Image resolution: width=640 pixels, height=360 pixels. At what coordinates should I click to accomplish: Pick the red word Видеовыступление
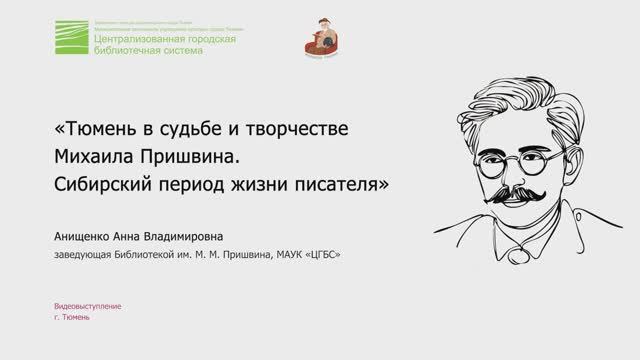[x=88, y=306]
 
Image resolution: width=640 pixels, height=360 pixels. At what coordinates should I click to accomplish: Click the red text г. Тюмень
[x=72, y=317]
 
